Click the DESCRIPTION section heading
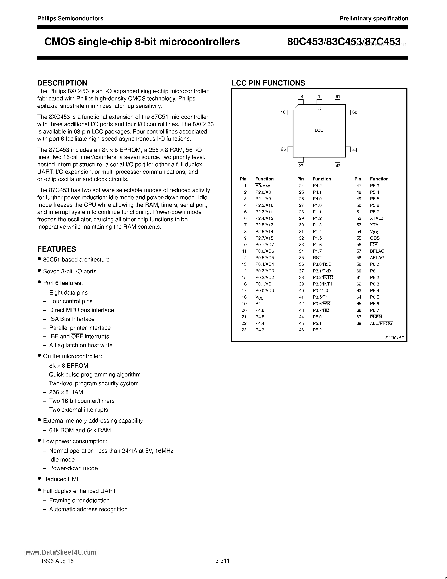point(62,83)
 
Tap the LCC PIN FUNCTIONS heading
point(268,83)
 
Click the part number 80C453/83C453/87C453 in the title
point(344,42)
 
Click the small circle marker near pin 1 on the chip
point(319,108)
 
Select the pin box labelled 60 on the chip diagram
point(348,112)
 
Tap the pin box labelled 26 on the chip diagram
point(290,149)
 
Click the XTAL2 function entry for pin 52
point(376,218)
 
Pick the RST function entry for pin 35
point(317,257)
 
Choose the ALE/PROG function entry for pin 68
point(381,323)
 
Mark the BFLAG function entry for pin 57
point(377,251)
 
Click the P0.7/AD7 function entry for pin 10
point(265,244)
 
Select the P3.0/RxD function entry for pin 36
point(322,264)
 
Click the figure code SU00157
point(394,338)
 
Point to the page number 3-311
point(222,561)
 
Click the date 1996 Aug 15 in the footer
point(57,561)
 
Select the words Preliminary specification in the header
point(374,19)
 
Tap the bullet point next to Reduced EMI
point(39,479)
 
